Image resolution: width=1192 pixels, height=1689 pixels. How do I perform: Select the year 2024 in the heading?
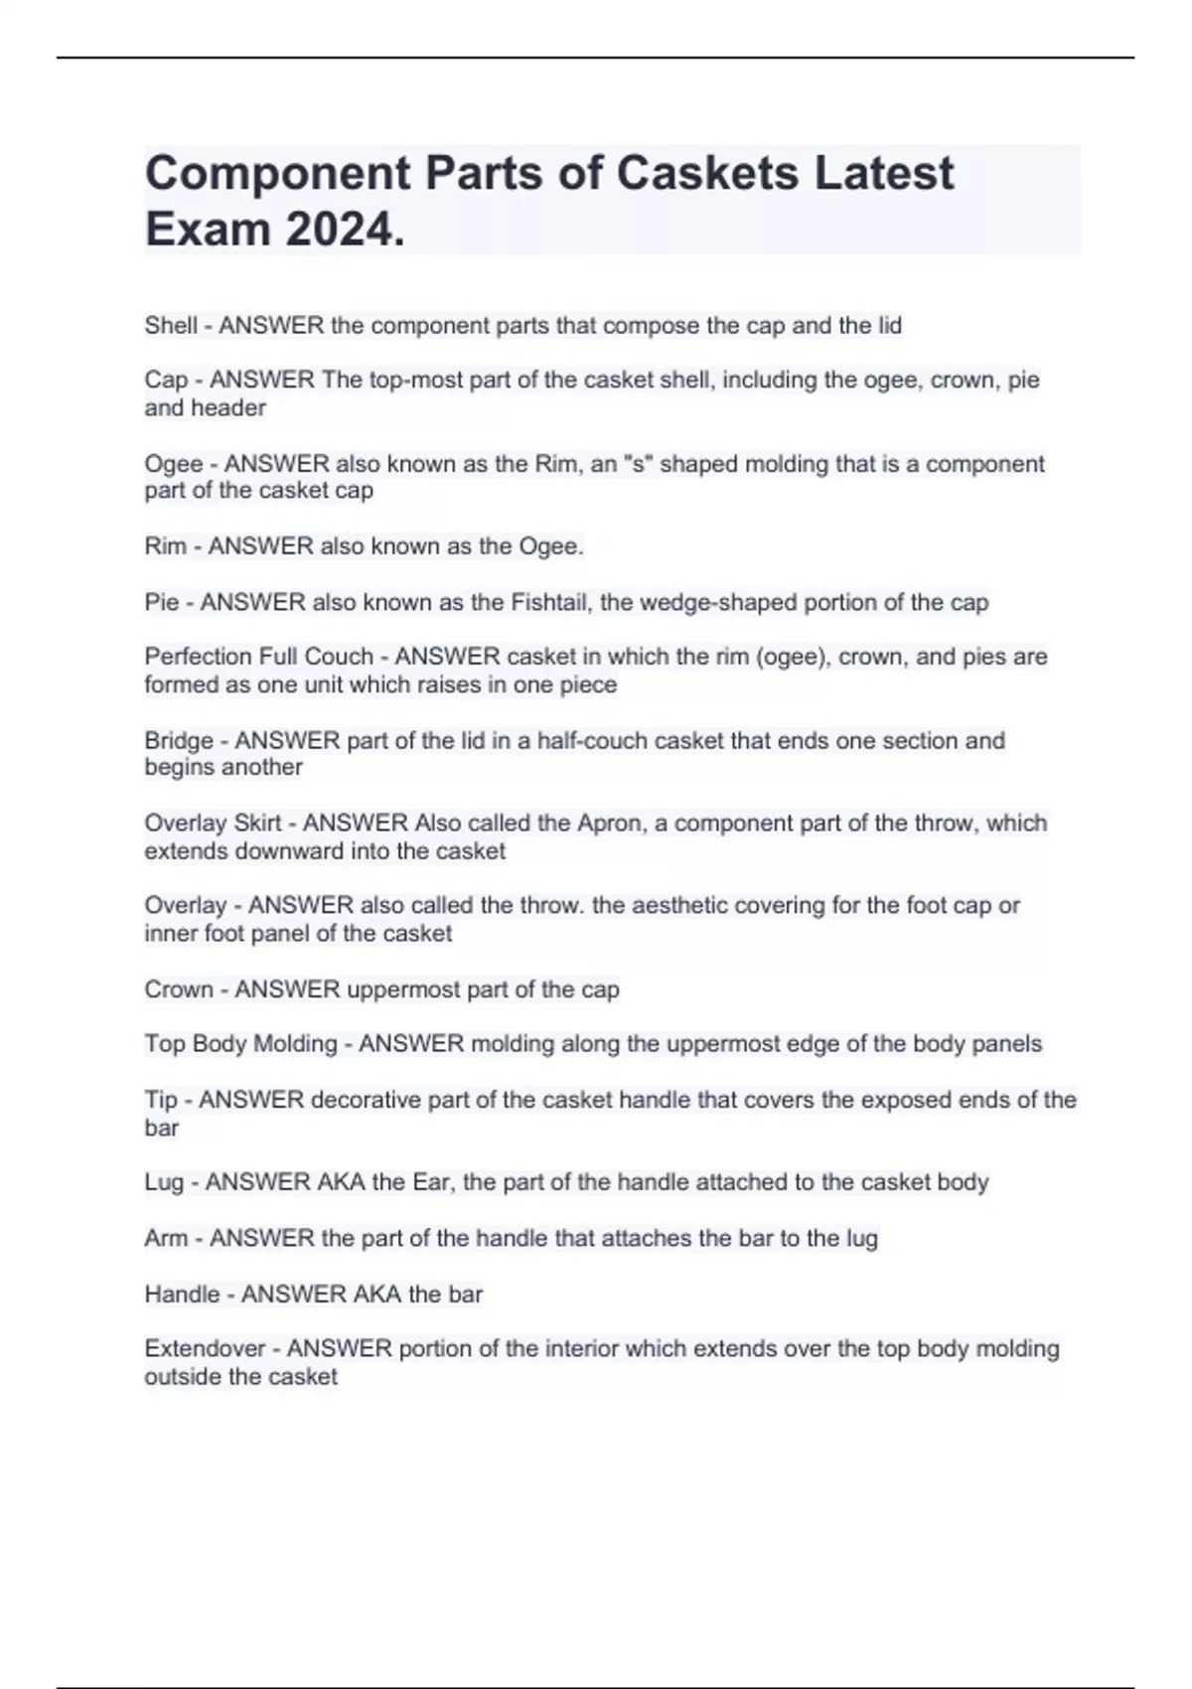click(344, 230)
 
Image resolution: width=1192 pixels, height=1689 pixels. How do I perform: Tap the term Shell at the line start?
click(171, 325)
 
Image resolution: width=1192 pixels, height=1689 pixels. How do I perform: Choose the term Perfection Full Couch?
click(258, 657)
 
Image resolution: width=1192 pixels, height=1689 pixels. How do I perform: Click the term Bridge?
click(179, 740)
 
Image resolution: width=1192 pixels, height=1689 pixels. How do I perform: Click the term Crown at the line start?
click(179, 990)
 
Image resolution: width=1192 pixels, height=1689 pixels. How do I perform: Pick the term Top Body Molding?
click(240, 1044)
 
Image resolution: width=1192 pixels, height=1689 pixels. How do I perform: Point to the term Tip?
click(161, 1100)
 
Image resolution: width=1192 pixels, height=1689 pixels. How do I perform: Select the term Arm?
click(166, 1238)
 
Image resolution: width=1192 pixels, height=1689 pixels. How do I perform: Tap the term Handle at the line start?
click(182, 1295)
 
